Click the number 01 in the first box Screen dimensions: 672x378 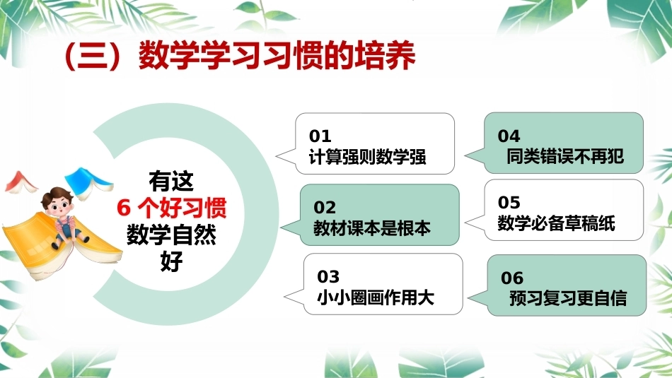coord(320,136)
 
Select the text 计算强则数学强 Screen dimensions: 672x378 coord(367,157)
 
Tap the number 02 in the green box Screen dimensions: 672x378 coord(325,208)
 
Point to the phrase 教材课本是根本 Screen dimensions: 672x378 coord(372,228)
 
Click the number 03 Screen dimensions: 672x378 coord(328,277)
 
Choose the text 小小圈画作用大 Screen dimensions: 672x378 coord(376,297)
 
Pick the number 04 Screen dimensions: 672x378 coord(509,136)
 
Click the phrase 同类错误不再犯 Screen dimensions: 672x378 coord(565,156)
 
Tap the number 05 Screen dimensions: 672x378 coord(509,203)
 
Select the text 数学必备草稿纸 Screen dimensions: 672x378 coord(556,223)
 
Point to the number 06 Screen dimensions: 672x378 coord(512,278)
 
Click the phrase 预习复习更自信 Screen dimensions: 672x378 coord(568,298)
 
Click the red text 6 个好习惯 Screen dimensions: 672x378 coord(171,208)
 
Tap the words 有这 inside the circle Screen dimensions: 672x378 coord(171,181)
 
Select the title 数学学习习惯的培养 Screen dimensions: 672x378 coord(277,56)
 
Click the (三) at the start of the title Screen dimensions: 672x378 coord(91,56)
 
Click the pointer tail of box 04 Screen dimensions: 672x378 coord(475,155)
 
